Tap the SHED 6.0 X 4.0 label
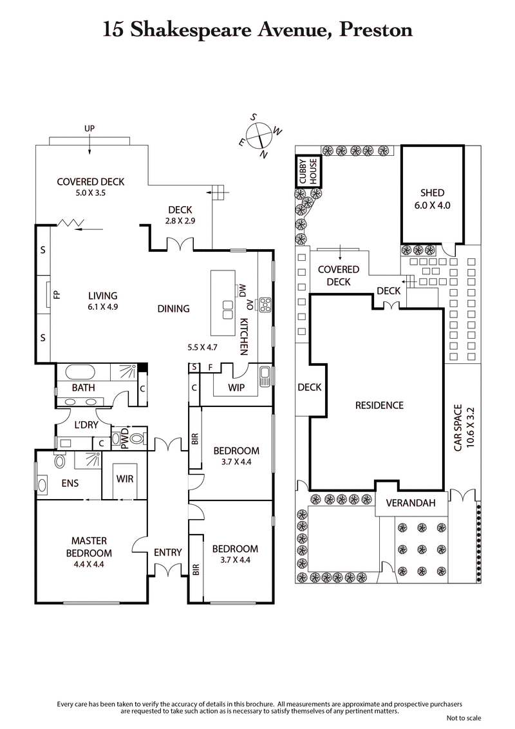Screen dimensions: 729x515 [433, 198]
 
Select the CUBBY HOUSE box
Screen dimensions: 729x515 [308, 172]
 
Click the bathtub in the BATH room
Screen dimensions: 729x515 [77, 372]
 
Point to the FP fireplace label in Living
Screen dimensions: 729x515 [57, 296]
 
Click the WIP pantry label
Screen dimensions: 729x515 [236, 388]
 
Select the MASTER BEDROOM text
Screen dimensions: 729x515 [89, 547]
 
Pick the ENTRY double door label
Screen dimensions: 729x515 [167, 552]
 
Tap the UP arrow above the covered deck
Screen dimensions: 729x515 [89, 129]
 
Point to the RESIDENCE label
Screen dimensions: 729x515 [379, 405]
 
